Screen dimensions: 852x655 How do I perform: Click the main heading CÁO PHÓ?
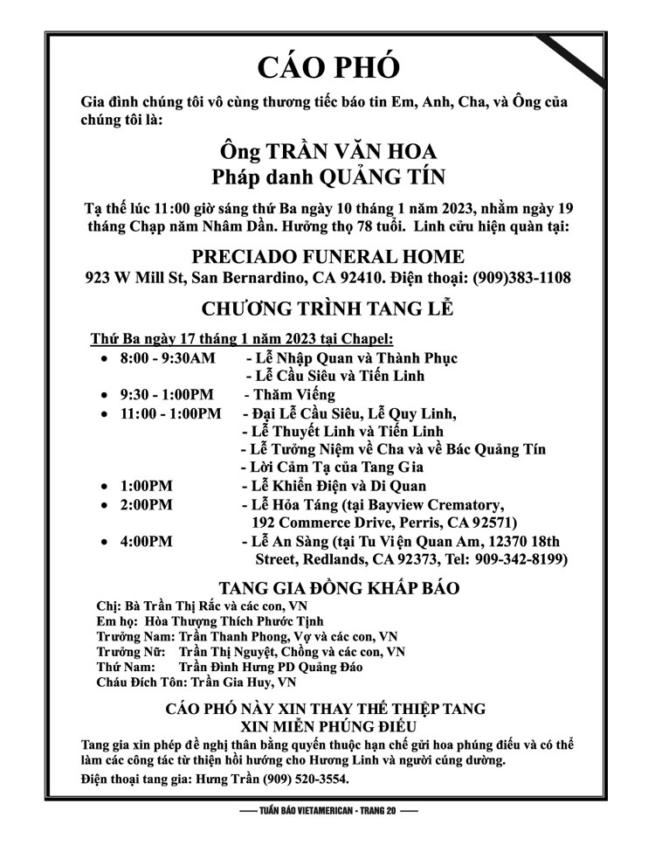(328, 66)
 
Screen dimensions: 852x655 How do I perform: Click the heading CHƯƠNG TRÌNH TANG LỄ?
(327, 309)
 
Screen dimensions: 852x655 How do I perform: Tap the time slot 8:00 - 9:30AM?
(167, 357)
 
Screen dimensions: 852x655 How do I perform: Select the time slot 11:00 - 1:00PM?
(171, 412)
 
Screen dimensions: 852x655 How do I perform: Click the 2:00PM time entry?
(147, 504)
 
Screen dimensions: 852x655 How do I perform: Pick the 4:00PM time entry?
(147, 541)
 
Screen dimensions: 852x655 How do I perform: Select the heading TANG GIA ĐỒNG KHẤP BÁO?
(327, 587)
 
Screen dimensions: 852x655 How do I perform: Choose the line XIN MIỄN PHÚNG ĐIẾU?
(327, 724)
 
